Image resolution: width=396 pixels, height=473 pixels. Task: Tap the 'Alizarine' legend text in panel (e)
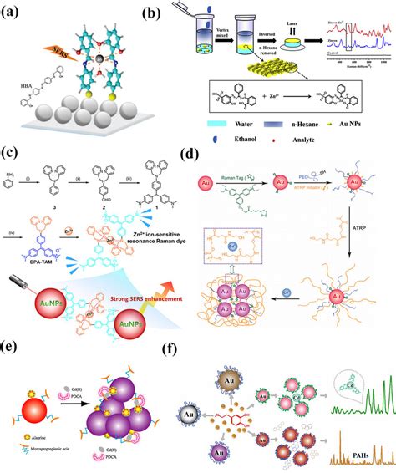(x=39, y=435)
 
